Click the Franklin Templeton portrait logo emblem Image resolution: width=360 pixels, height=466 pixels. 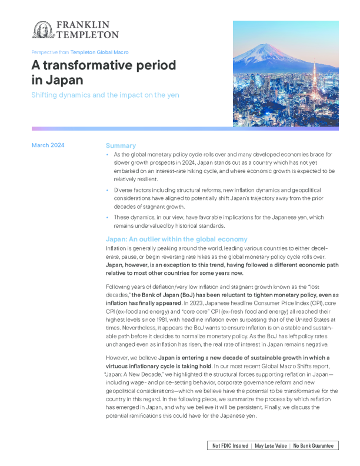[42, 29]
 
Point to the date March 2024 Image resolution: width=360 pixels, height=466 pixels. [48, 145]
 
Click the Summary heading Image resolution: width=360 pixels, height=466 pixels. [121, 145]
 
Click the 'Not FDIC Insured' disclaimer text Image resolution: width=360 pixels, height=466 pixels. [230, 446]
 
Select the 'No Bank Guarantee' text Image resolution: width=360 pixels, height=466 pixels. [312, 446]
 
